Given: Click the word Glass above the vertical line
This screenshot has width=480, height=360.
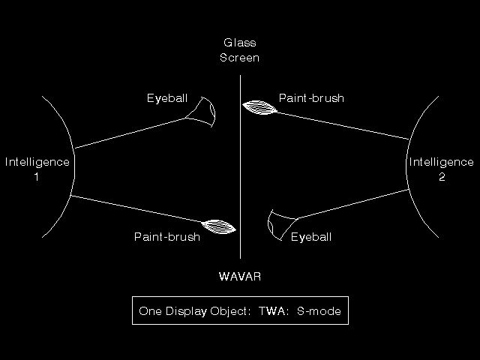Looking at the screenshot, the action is [x=240, y=43].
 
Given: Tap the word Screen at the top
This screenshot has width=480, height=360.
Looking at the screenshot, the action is [x=240, y=58].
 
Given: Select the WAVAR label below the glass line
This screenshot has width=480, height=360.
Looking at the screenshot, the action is [x=240, y=277].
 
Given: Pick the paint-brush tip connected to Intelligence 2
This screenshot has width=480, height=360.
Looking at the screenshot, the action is [x=259, y=107].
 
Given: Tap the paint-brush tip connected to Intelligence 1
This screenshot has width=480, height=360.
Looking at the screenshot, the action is [x=218, y=226].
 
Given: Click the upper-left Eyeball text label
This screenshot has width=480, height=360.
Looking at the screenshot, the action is [x=167, y=98].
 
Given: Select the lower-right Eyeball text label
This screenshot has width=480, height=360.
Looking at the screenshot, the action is [x=311, y=237].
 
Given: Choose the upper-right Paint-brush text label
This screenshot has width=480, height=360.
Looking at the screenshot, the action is [x=311, y=98].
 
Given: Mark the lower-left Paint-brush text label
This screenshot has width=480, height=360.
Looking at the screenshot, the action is [x=167, y=237].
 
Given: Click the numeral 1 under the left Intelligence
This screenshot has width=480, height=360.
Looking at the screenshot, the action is [x=37, y=177].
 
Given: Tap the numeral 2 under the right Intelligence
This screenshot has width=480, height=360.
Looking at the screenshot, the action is [x=442, y=177].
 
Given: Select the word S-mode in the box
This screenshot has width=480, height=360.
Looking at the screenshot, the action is [x=319, y=311].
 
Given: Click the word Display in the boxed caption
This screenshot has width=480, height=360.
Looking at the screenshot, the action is [x=186, y=311].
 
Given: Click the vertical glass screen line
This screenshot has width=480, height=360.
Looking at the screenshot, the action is [x=240, y=166].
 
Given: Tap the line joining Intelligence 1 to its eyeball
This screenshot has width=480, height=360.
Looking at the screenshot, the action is [x=130, y=133].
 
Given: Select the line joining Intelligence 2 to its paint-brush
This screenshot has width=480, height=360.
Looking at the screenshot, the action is [x=343, y=125].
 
